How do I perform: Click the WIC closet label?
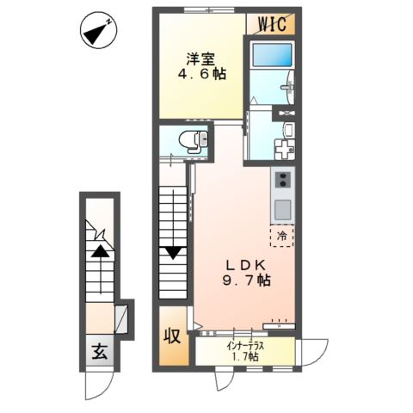tap(272, 24)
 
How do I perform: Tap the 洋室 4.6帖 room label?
tap(202, 66)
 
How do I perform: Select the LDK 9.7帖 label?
tap(247, 273)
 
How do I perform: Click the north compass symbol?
tap(98, 30)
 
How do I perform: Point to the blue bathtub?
tap(271, 55)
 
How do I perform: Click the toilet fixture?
tap(193, 140)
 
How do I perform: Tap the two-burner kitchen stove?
tap(282, 180)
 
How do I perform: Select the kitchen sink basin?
tap(283, 209)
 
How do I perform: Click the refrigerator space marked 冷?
tap(281, 236)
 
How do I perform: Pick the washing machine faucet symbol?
tap(285, 150)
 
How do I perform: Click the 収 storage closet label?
tap(172, 336)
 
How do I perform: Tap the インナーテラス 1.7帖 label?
tap(245, 352)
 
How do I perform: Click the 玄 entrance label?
tap(100, 352)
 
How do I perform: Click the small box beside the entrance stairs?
tap(120, 319)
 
